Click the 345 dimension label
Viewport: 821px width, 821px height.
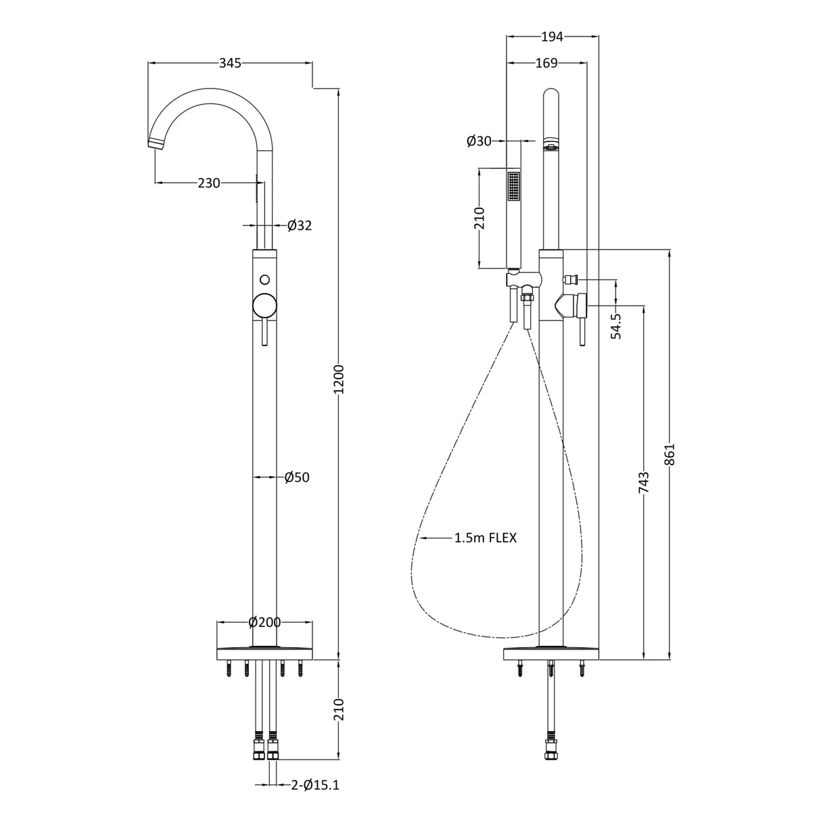pyautogui.click(x=230, y=63)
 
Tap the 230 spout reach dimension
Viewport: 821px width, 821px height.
pyautogui.click(x=209, y=183)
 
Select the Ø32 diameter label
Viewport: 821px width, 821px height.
pyautogui.click(x=300, y=225)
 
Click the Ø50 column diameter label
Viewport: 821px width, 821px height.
pyautogui.click(x=297, y=477)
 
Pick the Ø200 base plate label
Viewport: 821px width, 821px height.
pyautogui.click(x=264, y=622)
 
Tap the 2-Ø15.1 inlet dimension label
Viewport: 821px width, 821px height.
pyautogui.click(x=315, y=785)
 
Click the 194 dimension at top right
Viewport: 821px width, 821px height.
pyautogui.click(x=553, y=37)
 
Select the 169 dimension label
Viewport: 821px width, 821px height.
pyautogui.click(x=546, y=63)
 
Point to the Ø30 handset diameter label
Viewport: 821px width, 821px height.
pyautogui.click(x=479, y=141)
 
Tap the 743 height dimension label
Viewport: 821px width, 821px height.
pyautogui.click(x=643, y=483)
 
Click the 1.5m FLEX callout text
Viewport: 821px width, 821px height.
pyautogui.click(x=485, y=538)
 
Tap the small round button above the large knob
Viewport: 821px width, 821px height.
pyautogui.click(x=264, y=279)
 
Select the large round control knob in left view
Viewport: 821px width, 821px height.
pyautogui.click(x=264, y=306)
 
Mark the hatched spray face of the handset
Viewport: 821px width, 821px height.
pyautogui.click(x=515, y=185)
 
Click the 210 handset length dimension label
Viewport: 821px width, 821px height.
pyautogui.click(x=479, y=218)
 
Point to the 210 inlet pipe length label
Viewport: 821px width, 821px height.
pyautogui.click(x=339, y=710)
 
